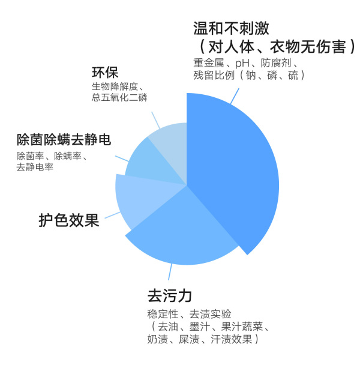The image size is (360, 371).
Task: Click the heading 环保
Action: [105, 73]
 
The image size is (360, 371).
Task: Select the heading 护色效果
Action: [69, 220]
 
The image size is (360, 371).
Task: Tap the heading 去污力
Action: [170, 296]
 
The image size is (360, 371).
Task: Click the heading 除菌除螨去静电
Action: [64, 139]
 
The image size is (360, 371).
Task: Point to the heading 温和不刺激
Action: [231, 28]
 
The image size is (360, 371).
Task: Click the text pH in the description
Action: [242, 63]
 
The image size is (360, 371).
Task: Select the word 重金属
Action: [209, 63]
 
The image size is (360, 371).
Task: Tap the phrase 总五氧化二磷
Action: [119, 97]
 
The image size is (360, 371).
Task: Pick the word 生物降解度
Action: [115, 86]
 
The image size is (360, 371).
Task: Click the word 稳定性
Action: [163, 314]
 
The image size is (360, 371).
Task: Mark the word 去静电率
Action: [35, 167]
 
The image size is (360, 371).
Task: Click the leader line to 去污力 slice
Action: [170, 272]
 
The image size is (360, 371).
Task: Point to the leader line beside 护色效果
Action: [113, 215]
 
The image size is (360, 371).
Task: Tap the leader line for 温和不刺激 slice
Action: [235, 96]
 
